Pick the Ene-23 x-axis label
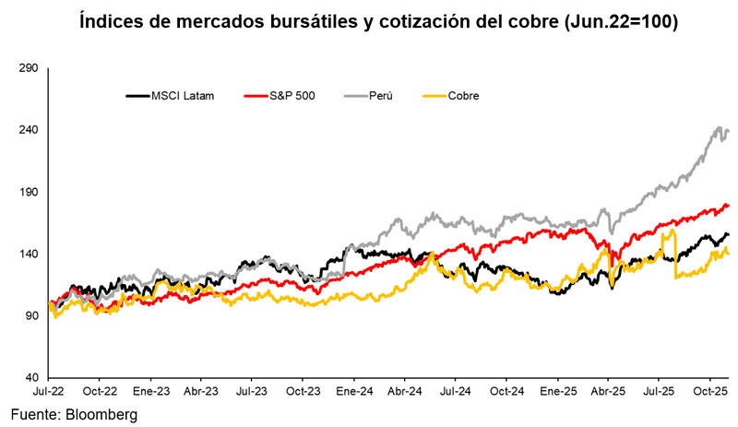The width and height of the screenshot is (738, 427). [151, 391]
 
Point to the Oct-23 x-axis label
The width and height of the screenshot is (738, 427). [303, 391]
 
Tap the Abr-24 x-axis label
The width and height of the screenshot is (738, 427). [404, 391]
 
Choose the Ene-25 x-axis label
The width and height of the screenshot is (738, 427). [556, 391]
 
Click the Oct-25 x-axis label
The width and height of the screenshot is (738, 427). [708, 391]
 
